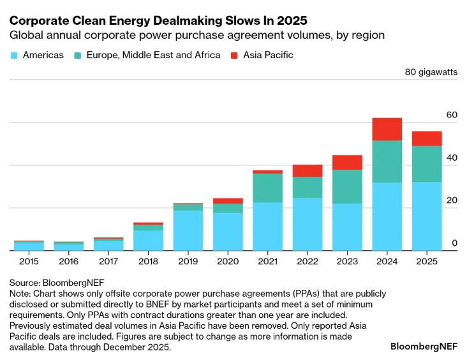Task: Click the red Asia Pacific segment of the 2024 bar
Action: [x=387, y=129]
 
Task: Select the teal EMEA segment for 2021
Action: [x=267, y=188]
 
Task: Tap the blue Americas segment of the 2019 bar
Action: [x=188, y=230]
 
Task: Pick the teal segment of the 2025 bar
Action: [x=427, y=164]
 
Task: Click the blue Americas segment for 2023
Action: [x=347, y=227]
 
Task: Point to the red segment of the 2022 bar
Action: [x=308, y=170]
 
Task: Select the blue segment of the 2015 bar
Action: [x=29, y=246]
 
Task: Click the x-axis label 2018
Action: [x=148, y=261]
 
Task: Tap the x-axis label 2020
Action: [x=228, y=261]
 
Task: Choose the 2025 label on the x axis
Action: [x=427, y=261]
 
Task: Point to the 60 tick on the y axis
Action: [x=452, y=115]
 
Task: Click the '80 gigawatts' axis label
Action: [x=431, y=72]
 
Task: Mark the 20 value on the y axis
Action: [x=452, y=200]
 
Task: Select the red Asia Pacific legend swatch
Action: [x=234, y=55]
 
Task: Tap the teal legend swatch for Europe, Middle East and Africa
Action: [x=78, y=55]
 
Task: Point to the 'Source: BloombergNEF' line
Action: [x=57, y=281]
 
